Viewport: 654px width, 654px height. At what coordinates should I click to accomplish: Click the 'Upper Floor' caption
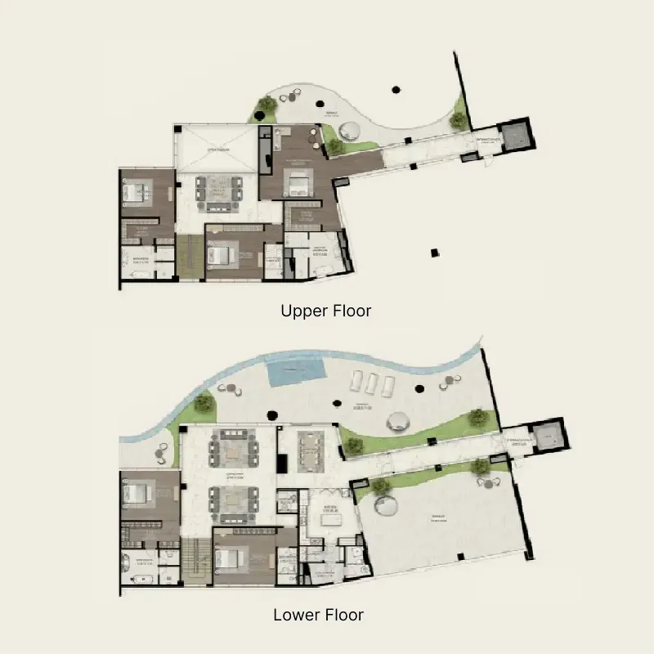326,311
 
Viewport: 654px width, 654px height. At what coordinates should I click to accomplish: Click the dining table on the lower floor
310,447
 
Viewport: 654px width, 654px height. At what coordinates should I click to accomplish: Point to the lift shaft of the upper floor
515,135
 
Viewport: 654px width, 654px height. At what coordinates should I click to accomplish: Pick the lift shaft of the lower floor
545,438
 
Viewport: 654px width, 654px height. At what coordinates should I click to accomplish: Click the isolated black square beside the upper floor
435,252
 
